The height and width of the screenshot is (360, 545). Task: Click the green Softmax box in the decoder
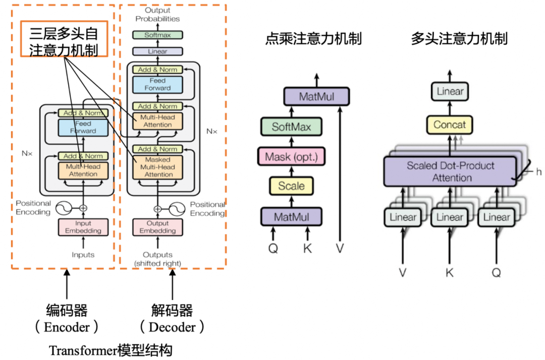coord(157,35)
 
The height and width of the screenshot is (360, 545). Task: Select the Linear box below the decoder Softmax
coord(157,51)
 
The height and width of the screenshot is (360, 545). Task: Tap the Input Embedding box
coord(83,227)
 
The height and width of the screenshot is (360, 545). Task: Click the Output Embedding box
coord(157,227)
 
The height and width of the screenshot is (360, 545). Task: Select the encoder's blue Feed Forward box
coord(83,127)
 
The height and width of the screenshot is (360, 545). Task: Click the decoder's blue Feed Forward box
coord(157,84)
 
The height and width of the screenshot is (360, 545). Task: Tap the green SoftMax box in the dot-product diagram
coord(291,127)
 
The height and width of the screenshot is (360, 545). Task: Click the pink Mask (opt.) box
coord(291,156)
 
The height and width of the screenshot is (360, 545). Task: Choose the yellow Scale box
coord(291,186)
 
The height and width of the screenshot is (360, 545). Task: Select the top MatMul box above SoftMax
coord(316,96)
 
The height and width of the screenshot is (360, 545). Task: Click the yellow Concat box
coord(449,125)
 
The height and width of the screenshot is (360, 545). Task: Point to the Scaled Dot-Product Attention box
coord(449,171)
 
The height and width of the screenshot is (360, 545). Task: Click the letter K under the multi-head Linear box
coord(450,273)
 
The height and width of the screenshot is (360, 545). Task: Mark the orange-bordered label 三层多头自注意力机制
coord(64,41)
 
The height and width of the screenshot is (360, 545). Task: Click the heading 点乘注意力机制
coord(313,39)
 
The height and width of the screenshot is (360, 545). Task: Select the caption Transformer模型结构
coord(111,350)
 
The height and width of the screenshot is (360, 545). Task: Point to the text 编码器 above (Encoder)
coord(66,310)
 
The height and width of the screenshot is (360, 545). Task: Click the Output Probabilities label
coord(157,14)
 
